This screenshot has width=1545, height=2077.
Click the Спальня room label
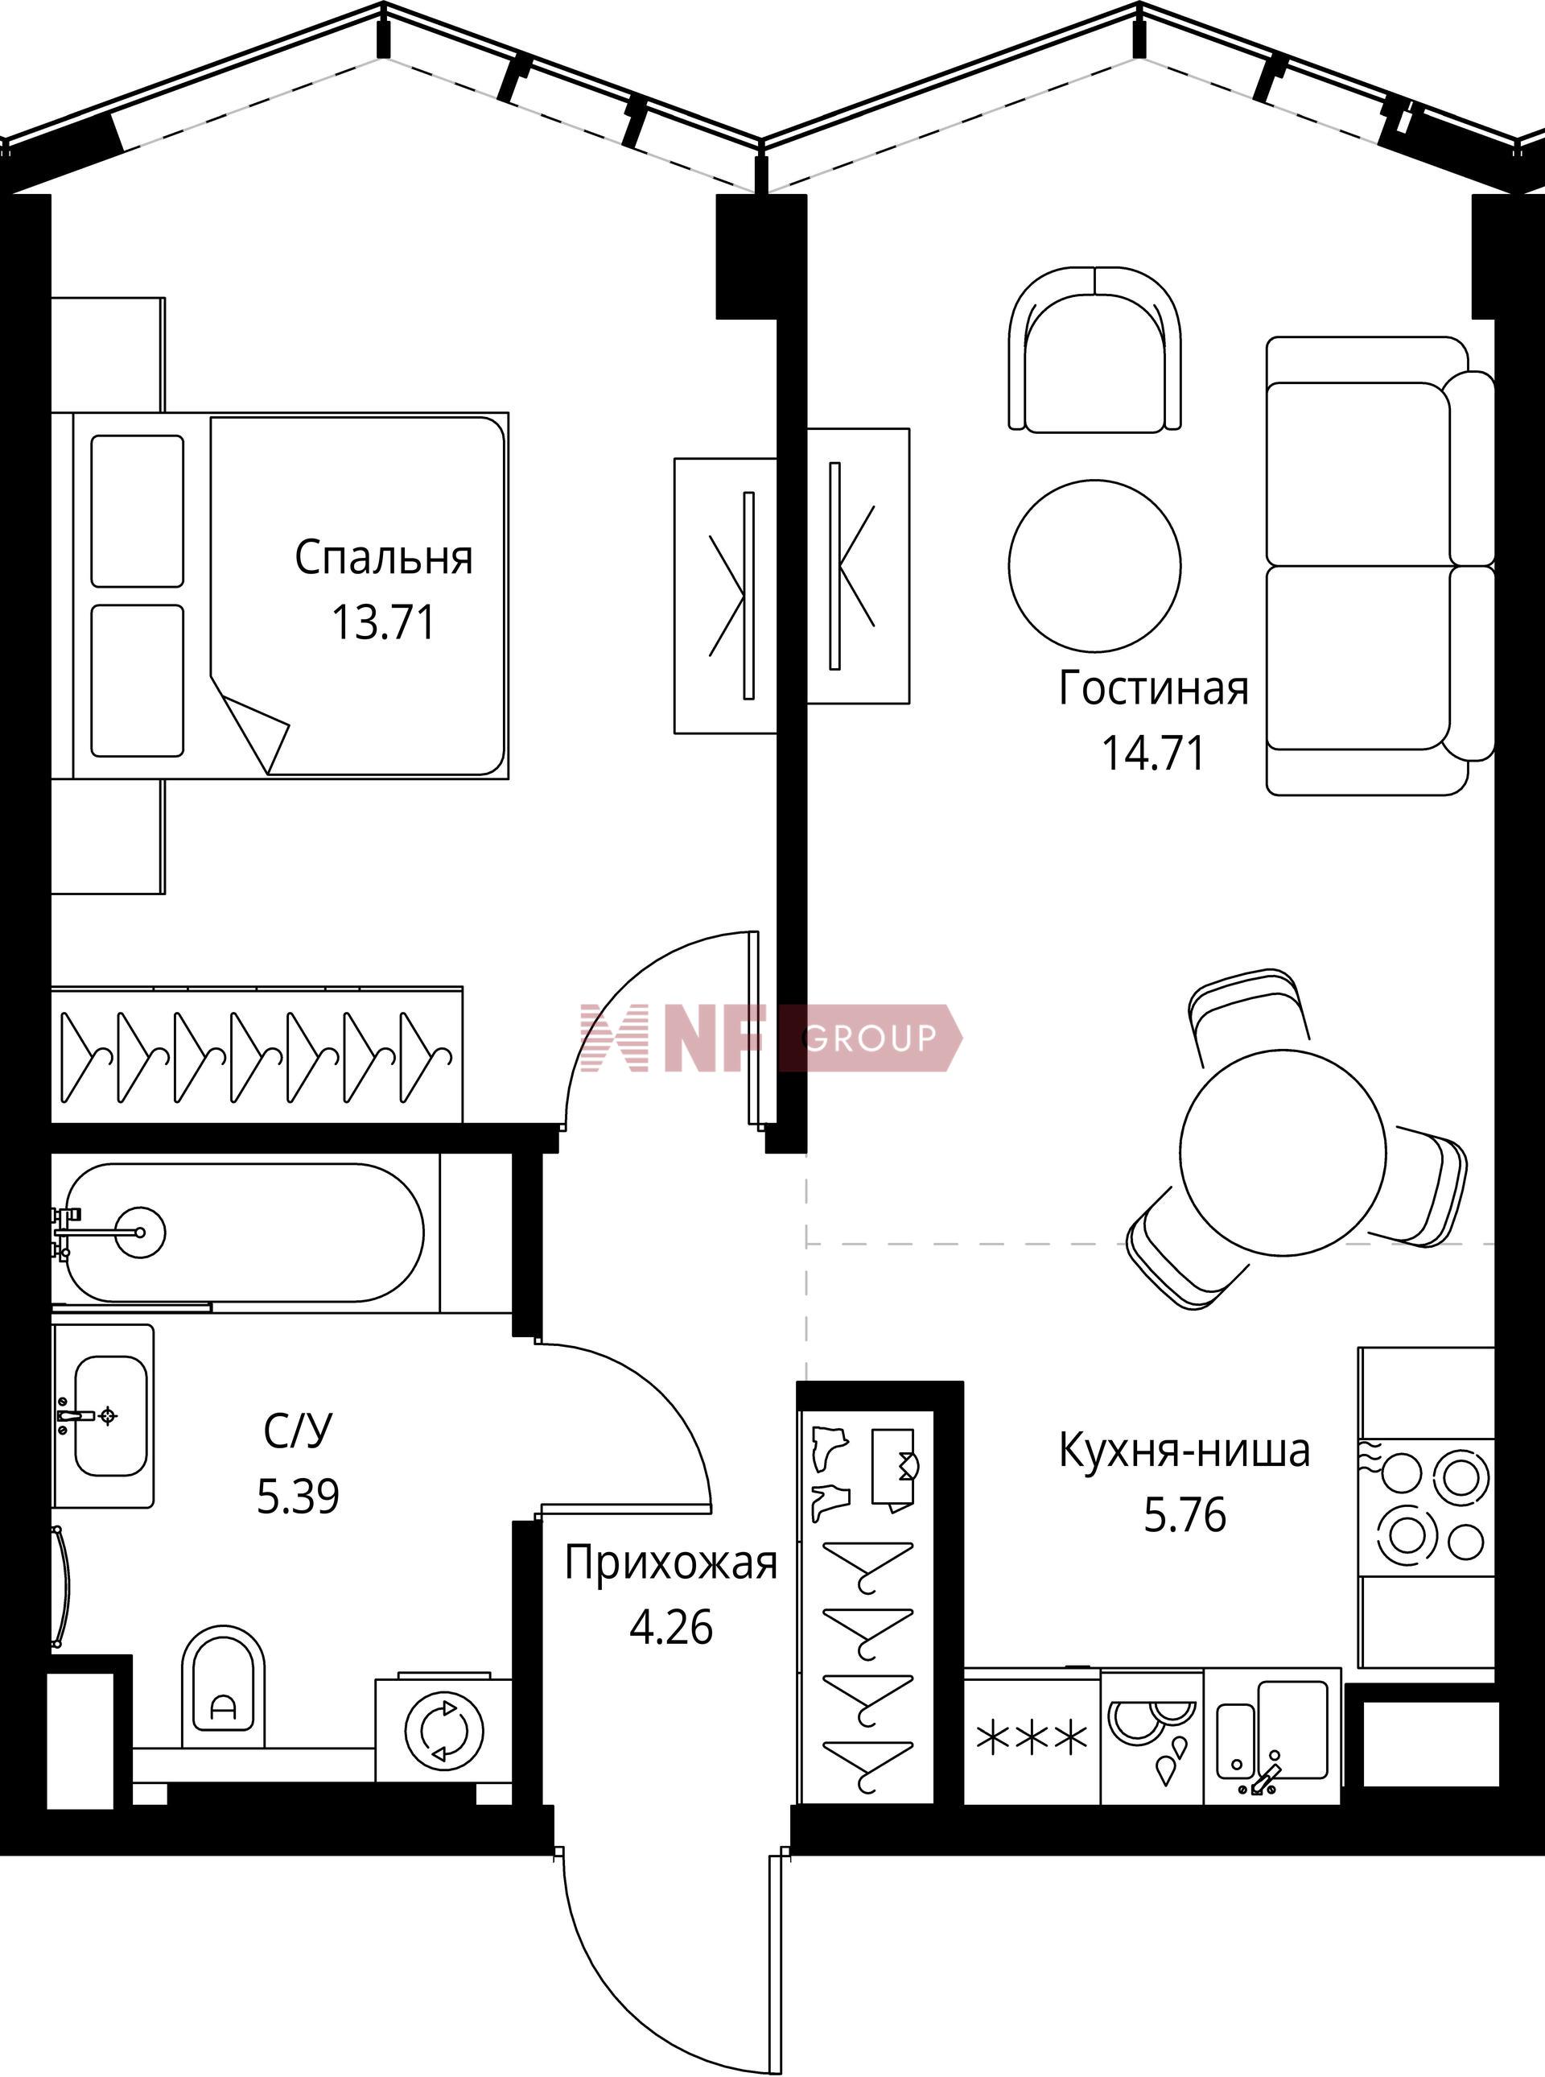pyautogui.click(x=384, y=559)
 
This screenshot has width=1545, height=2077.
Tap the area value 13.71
pyautogui.click(x=384, y=622)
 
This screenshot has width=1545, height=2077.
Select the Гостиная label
pyautogui.click(x=1154, y=688)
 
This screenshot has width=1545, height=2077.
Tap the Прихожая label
pyautogui.click(x=671, y=1563)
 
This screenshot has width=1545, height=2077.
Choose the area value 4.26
pyautogui.click(x=671, y=1627)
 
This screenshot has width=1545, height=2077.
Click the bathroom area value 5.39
pyautogui.click(x=298, y=1496)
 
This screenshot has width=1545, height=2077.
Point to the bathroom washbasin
pyautogui.click(x=104, y=1415)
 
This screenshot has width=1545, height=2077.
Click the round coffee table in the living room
pyautogui.click(x=1095, y=565)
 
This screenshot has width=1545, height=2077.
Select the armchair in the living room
pyautogui.click(x=1095, y=350)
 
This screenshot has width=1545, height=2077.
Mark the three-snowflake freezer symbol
pyautogui.click(x=1032, y=1738)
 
